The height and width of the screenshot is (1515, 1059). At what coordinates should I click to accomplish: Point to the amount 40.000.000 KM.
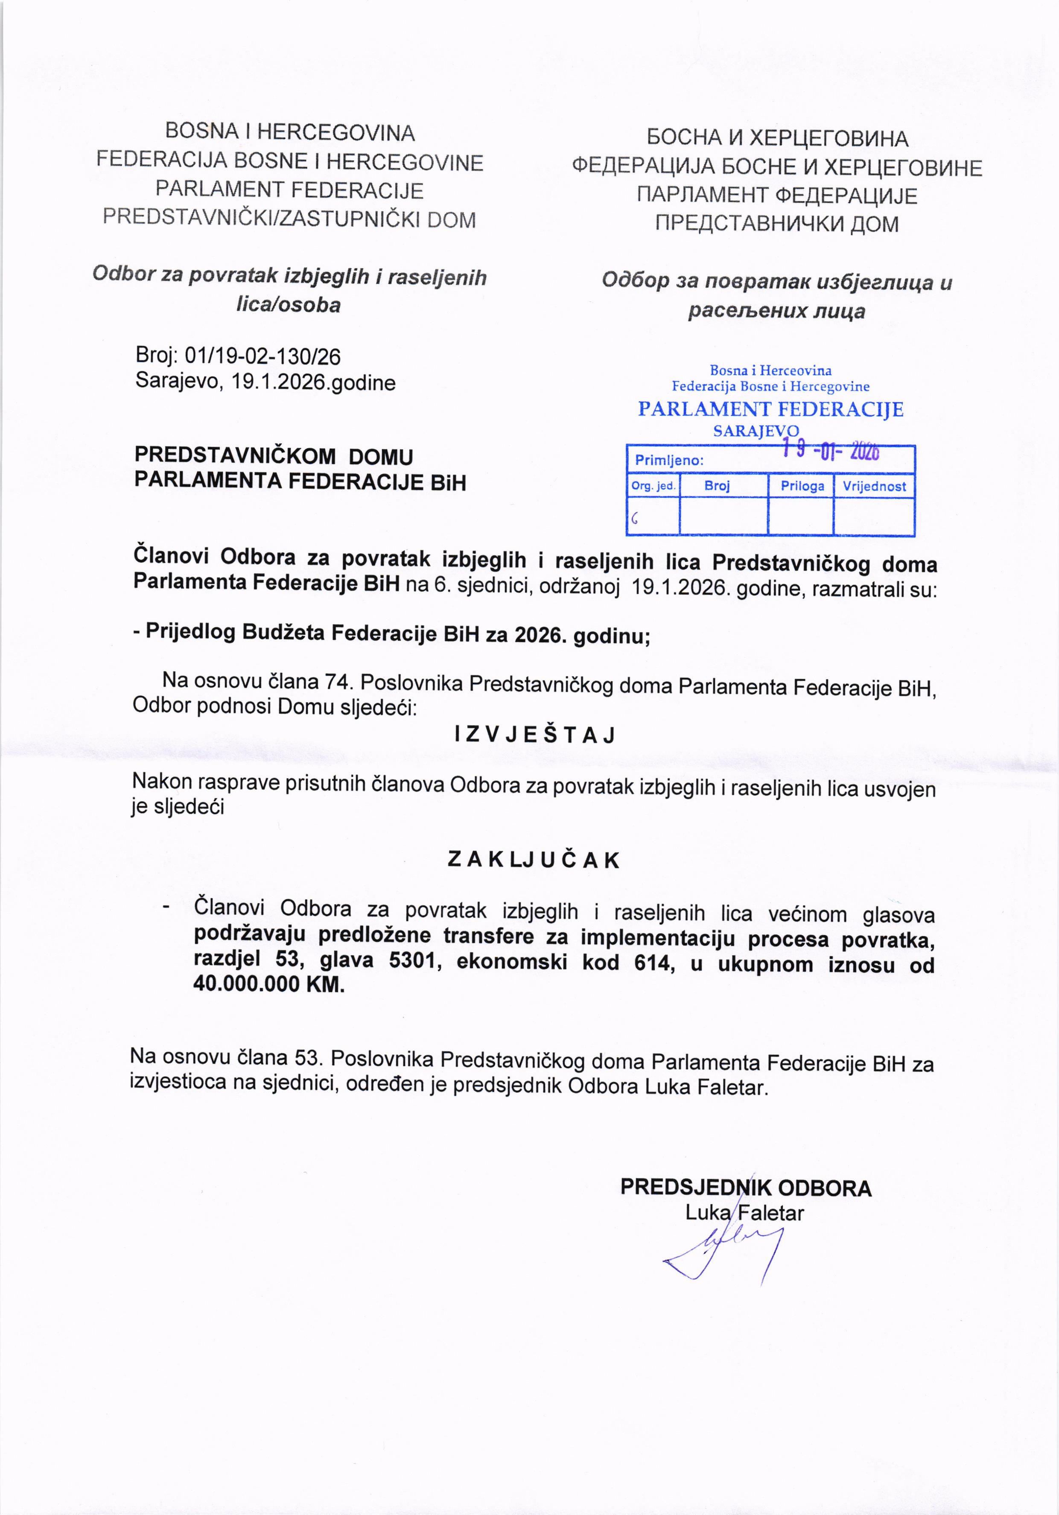click(x=269, y=986)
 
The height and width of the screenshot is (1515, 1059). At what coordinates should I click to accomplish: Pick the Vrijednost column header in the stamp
click(x=874, y=486)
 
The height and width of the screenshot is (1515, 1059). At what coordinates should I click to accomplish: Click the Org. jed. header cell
click(x=653, y=486)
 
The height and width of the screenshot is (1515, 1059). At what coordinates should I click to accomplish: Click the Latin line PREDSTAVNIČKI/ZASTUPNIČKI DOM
click(x=289, y=219)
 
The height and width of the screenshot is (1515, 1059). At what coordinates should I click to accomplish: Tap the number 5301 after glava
click(x=412, y=963)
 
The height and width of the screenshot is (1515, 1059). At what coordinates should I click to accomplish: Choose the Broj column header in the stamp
click(x=717, y=486)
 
